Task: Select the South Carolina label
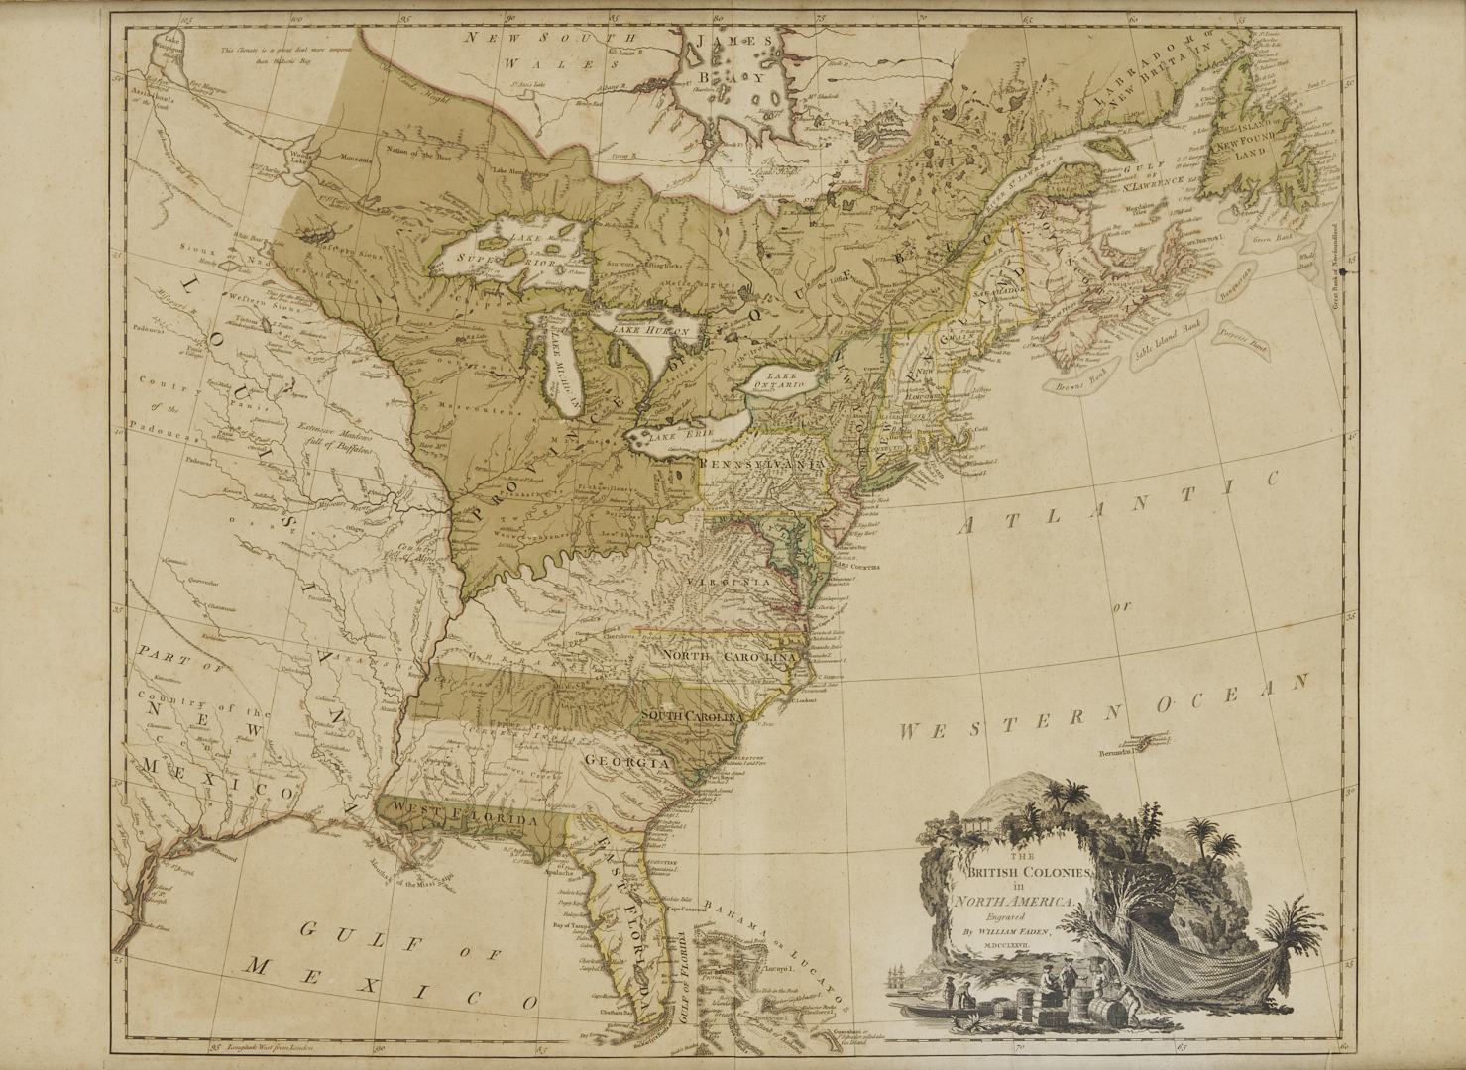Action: (691, 716)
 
